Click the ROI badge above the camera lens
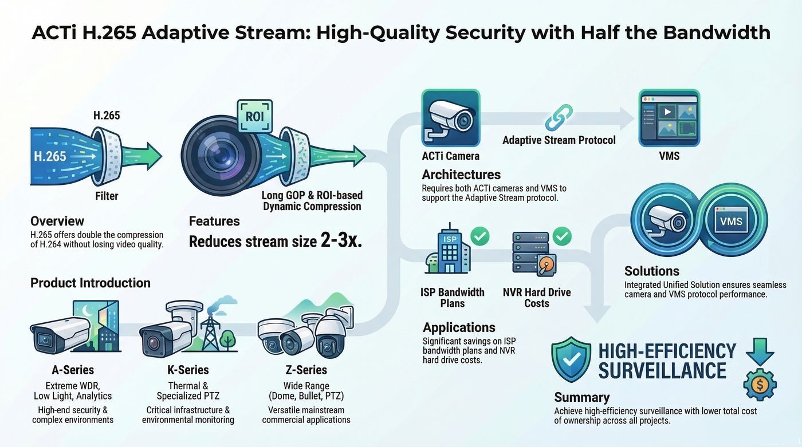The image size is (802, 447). tap(254, 116)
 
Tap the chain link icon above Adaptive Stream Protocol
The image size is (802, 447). tap(559, 117)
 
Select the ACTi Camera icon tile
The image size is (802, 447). tap(450, 118)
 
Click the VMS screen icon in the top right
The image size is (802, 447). tap(669, 118)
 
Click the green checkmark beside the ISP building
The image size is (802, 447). tap(480, 236)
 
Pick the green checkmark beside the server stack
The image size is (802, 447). tap(562, 236)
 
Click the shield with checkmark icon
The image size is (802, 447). tap(571, 360)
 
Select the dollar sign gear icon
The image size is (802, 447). tap(760, 385)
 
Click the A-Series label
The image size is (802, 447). tap(73, 370)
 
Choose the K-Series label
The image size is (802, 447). tap(188, 370)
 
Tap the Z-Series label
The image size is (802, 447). tap(306, 370)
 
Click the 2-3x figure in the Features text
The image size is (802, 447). tap(341, 240)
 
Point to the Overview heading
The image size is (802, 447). tap(57, 221)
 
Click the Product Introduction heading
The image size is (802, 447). tap(91, 283)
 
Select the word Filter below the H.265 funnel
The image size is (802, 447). tap(107, 196)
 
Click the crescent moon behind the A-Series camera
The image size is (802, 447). tap(87, 311)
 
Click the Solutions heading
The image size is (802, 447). tap(652, 271)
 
